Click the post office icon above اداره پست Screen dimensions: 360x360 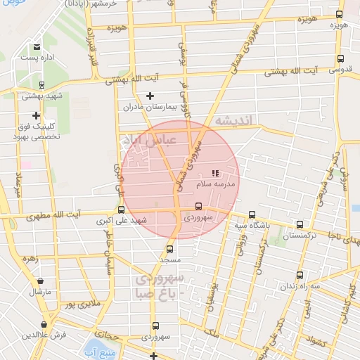[x=36, y=48]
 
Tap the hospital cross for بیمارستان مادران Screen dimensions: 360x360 [x=150, y=96]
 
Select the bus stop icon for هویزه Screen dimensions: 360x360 [x=340, y=14]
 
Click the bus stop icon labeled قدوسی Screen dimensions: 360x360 [x=340, y=59]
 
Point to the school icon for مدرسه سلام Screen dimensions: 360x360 [x=215, y=173]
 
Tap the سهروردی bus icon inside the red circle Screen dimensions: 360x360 [x=198, y=207]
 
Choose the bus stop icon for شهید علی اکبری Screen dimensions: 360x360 [x=122, y=209]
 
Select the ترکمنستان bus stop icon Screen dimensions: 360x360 [x=300, y=224]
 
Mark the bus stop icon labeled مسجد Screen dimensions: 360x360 [x=169, y=249]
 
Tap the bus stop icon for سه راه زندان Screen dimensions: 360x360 [x=300, y=275]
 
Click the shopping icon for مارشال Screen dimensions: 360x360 [x=41, y=281]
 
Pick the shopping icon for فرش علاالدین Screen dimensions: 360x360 [x=45, y=324]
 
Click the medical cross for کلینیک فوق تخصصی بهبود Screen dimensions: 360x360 [x=36, y=115]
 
